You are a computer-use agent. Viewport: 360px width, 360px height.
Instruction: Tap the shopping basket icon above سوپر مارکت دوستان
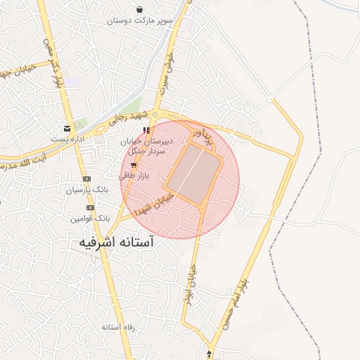pos(140,10)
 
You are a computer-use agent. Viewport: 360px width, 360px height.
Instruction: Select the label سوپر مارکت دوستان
pos(139,21)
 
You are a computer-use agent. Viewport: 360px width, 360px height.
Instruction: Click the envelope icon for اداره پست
pos(67,128)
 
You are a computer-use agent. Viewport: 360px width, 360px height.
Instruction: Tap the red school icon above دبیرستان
pos(146,130)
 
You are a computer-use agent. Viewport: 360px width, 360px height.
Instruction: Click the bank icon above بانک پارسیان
pos(86,179)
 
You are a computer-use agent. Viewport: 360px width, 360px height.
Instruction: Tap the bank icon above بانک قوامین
pos(90,208)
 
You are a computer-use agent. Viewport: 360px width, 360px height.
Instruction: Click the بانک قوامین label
pos(90,219)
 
